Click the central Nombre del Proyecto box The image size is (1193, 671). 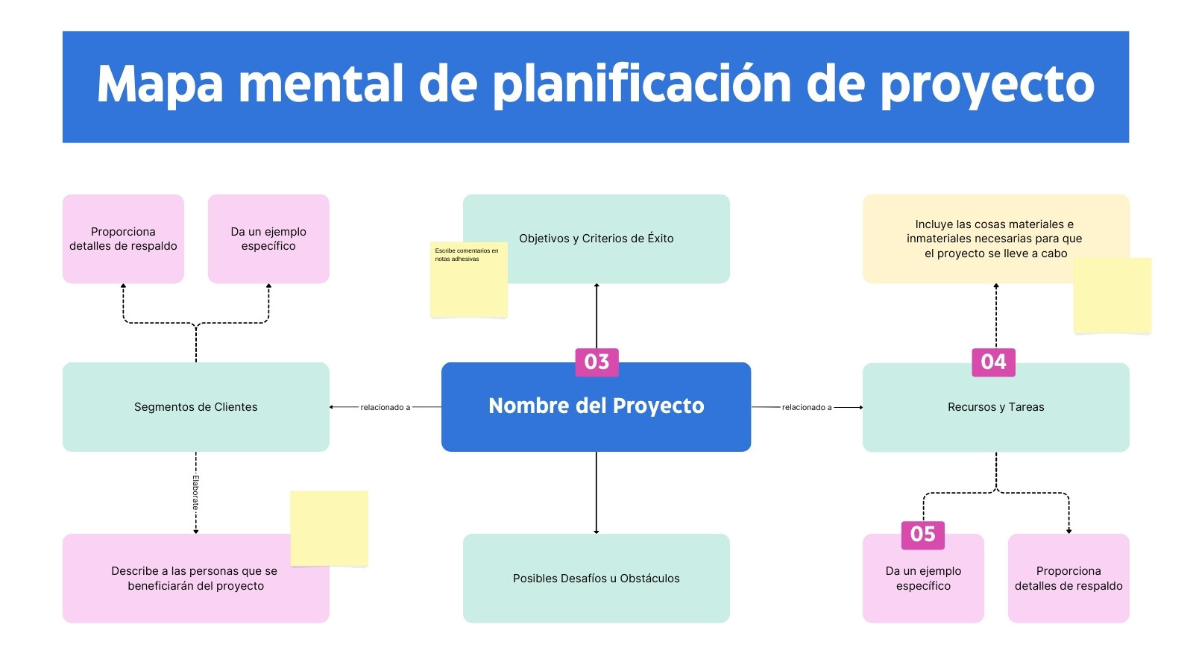pos(596,407)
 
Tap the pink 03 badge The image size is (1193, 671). pos(596,362)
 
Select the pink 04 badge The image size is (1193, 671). pos(993,362)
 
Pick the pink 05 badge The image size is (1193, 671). pos(923,535)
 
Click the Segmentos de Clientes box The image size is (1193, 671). pos(196,407)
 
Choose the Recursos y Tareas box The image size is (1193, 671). pos(996,407)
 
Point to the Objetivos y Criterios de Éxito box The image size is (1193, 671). pos(596,239)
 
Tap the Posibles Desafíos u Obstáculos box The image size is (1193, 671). pos(596,579)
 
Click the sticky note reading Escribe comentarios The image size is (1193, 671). pos(469,280)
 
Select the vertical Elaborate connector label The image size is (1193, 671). pos(195,493)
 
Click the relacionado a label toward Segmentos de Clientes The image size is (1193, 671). pos(385,407)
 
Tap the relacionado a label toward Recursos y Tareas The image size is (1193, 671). pos(806,407)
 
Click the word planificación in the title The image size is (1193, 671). pos(641,85)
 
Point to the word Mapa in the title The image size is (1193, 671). pos(160,85)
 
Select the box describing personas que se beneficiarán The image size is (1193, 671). pos(196,579)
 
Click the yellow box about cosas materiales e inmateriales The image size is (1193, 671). pos(996,239)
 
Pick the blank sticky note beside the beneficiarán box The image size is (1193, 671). pos(329,529)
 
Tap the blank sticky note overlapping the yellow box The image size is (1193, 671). pos(1112,296)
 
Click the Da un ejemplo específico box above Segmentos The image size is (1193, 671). pos(268,239)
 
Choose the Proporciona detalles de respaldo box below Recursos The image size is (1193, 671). pos(1068,579)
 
